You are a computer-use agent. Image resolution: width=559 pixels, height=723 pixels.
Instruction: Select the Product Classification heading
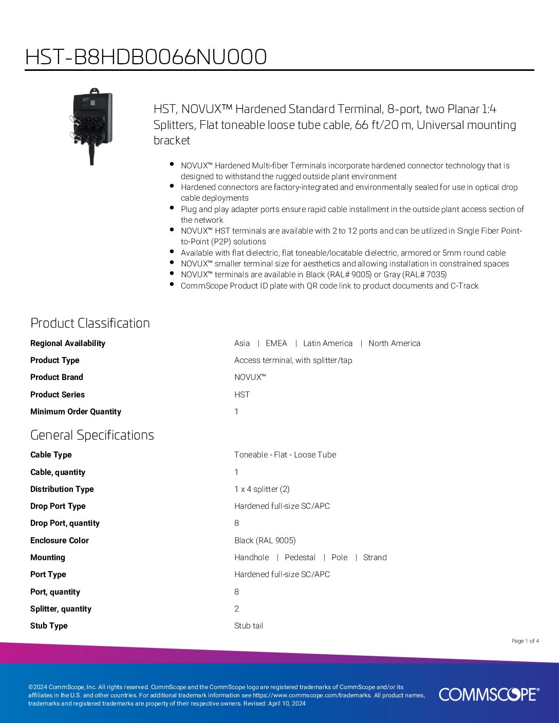tap(90, 323)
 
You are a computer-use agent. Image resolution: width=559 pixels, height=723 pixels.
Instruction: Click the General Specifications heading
tap(92, 435)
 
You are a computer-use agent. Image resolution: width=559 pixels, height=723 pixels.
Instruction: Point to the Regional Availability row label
tap(68, 344)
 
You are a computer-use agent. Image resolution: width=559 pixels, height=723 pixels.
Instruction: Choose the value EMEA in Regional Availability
tap(276, 344)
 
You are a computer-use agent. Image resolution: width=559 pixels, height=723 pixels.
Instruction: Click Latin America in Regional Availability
tap(328, 344)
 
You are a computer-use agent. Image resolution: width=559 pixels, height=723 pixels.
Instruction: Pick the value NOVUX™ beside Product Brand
tap(250, 377)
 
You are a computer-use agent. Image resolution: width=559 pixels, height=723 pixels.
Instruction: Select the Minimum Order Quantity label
tap(76, 412)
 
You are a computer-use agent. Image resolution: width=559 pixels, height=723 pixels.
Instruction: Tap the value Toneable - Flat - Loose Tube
tap(285, 455)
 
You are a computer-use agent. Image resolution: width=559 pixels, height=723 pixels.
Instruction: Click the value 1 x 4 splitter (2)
tap(262, 489)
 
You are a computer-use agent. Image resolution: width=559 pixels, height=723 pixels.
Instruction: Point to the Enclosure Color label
tap(60, 541)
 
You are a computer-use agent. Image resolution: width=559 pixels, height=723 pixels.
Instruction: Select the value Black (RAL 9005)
tap(265, 541)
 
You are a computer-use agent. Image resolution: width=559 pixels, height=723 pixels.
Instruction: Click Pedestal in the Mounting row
tap(300, 558)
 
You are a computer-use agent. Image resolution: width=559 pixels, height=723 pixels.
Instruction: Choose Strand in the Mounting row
tap(375, 558)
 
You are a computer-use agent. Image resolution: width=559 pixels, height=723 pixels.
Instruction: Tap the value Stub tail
tap(249, 626)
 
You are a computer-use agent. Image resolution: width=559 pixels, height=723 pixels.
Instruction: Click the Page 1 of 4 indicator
tap(525, 641)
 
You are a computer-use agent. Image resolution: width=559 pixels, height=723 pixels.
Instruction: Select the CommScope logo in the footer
tap(489, 694)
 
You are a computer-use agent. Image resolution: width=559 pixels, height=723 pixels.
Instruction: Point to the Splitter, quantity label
tap(61, 609)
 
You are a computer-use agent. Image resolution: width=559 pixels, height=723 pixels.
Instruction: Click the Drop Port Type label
tap(58, 506)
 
